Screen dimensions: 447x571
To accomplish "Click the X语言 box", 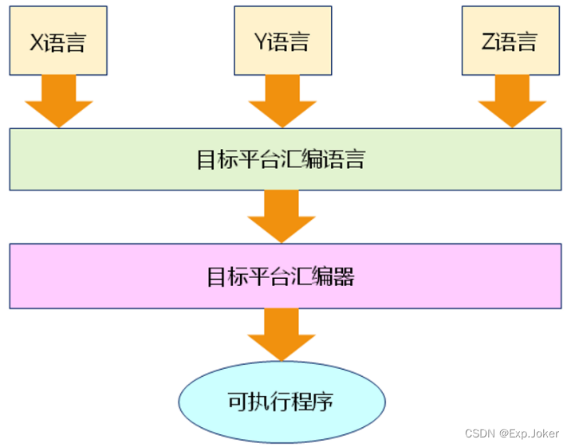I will [x=57, y=40].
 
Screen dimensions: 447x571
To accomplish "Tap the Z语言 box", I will [x=510, y=40].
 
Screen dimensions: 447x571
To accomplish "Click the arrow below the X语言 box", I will [x=58, y=101].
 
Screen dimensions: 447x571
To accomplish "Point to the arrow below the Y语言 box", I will [x=283, y=101].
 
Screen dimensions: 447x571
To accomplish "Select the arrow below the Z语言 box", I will [x=511, y=101].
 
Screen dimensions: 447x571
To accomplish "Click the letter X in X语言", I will [x=37, y=41].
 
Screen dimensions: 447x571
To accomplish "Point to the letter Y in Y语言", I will [x=261, y=41].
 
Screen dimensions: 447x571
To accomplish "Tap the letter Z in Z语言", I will [x=488, y=41].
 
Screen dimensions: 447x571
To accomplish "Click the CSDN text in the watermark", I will [x=479, y=433].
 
